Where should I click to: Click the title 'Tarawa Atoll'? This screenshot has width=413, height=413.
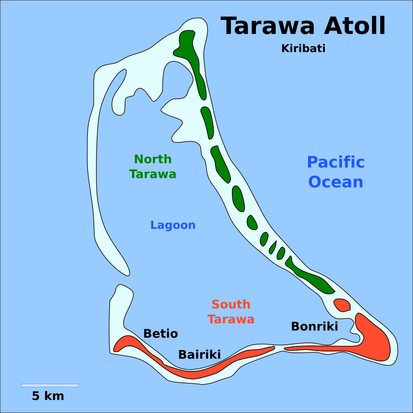pyautogui.click(x=303, y=27)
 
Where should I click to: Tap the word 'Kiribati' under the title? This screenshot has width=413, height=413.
pyautogui.click(x=303, y=49)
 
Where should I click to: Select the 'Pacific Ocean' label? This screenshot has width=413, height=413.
pyautogui.click(x=336, y=172)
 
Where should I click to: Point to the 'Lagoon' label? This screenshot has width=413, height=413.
pyautogui.click(x=173, y=225)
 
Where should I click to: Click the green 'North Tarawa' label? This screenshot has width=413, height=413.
pyautogui.click(x=153, y=167)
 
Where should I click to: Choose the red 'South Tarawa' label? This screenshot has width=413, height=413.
pyautogui.click(x=231, y=312)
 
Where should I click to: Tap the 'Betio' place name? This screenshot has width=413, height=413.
pyautogui.click(x=160, y=334)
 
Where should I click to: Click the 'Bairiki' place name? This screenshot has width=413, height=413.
pyautogui.click(x=199, y=355)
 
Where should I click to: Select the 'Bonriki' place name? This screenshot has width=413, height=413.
pyautogui.click(x=314, y=327)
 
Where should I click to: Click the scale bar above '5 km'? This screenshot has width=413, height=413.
pyautogui.click(x=50, y=385)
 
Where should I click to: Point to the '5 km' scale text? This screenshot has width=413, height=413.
pyautogui.click(x=48, y=396)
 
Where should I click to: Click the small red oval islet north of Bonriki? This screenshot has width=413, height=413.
pyautogui.click(x=342, y=305)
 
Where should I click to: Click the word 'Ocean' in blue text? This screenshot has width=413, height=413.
pyautogui.click(x=336, y=182)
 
